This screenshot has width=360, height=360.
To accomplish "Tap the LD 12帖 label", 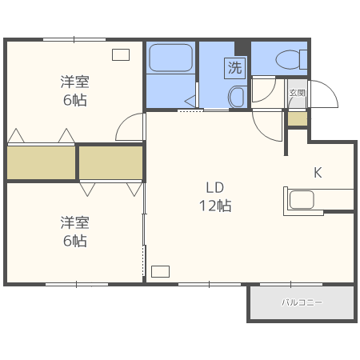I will [x=214, y=196].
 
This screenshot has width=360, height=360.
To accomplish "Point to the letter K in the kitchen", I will [x=317, y=172].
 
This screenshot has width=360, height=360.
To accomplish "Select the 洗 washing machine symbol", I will [x=234, y=68].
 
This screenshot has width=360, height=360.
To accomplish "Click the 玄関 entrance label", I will [x=297, y=93].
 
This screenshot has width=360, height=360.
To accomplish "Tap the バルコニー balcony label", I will [x=302, y=303].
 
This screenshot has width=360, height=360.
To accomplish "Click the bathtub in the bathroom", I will [x=170, y=58].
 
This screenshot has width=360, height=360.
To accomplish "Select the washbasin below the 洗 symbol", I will [x=237, y=97].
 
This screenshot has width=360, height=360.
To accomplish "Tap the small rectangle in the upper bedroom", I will [x=121, y=54].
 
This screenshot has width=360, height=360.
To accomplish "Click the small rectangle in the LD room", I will [x=160, y=271].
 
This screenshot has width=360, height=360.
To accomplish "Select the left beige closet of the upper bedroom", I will [x=41, y=162].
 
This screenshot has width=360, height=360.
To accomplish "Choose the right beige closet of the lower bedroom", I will [x=111, y=162].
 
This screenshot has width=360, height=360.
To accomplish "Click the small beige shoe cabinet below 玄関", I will [x=297, y=118].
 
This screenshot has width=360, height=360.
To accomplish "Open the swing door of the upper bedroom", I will [x=131, y=127].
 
